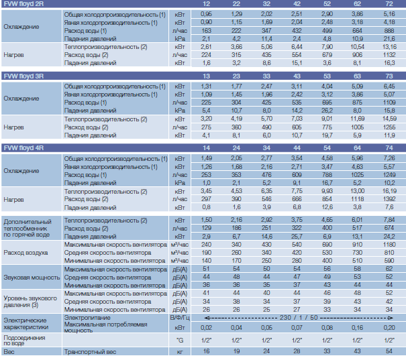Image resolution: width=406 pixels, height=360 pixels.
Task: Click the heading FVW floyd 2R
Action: point(23,4)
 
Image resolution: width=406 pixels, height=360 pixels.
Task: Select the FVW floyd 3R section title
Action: point(23,76)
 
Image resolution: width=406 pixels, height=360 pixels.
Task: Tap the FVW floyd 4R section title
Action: point(23,148)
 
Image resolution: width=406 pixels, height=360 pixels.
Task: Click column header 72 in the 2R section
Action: point(389,4)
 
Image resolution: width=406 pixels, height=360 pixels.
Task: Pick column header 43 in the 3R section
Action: point(297,76)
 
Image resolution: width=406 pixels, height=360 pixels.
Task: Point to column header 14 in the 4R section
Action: point(207,148)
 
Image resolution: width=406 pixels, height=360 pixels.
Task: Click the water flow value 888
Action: point(389,31)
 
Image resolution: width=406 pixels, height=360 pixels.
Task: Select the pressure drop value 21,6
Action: point(389,38)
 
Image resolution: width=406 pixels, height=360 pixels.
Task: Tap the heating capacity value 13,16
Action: point(389,47)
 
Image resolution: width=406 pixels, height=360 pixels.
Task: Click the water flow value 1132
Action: point(389,55)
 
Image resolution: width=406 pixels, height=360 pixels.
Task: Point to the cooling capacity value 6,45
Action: point(389,86)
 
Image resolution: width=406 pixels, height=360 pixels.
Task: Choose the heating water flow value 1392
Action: point(389,199)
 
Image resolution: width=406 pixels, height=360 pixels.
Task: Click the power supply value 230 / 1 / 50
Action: point(299,318)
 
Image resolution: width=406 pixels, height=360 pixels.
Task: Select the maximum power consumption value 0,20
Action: point(389,328)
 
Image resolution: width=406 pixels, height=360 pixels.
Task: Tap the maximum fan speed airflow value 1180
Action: point(389,245)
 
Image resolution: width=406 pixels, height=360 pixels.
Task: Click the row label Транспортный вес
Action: point(90,352)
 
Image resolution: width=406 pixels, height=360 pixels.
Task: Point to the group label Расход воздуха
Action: point(26,253)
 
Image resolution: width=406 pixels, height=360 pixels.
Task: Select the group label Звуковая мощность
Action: point(32,278)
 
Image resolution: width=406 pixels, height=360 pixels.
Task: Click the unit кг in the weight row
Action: point(180,352)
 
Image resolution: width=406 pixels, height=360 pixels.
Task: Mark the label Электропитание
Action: point(87,318)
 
